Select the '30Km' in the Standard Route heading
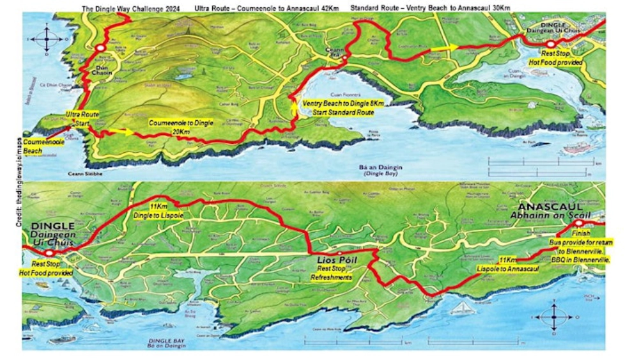tap(500, 8)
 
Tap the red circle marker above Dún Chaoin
tap(100, 48)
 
